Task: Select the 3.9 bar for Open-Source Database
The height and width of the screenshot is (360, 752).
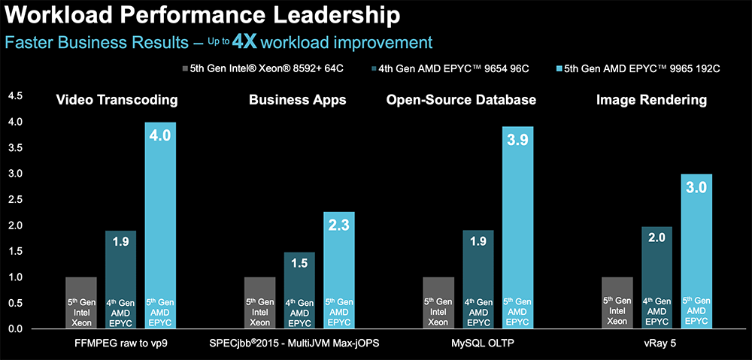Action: (518, 225)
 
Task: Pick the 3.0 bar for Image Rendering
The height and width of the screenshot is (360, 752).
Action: (696, 248)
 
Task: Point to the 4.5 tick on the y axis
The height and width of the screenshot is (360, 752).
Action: (15, 95)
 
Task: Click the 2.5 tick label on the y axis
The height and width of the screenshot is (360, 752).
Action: (15, 200)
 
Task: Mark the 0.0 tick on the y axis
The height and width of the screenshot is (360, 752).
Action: (15, 330)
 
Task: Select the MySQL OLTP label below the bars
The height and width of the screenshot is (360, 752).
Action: (478, 343)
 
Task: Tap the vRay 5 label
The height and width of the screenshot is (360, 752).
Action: (657, 343)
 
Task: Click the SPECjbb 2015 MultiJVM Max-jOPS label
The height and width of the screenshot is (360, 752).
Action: (300, 343)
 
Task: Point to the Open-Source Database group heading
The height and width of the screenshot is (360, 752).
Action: (461, 99)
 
